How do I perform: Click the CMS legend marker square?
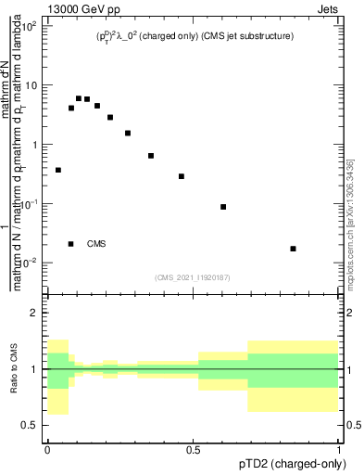tap(71, 244)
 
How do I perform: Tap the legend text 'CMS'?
tap(96, 244)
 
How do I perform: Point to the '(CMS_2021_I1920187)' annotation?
tap(193, 276)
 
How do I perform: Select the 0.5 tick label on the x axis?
tap(193, 450)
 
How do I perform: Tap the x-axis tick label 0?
tap(47, 450)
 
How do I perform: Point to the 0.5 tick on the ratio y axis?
tap(31, 425)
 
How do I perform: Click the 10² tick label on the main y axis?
tap(30, 26)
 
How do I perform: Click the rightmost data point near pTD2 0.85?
tap(293, 249)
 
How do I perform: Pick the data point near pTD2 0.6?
tap(223, 207)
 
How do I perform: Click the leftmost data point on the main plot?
tap(58, 170)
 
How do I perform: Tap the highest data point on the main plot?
tap(79, 98)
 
